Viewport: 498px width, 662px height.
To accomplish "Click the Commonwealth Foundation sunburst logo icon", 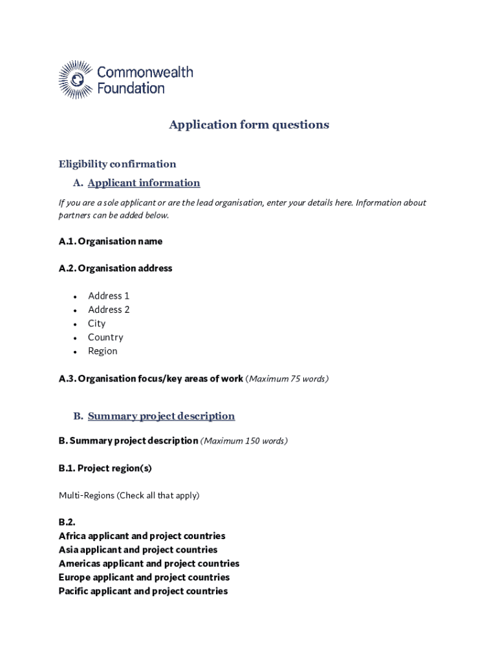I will click(x=76, y=80).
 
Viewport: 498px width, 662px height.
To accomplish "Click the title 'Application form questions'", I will click(x=249, y=125).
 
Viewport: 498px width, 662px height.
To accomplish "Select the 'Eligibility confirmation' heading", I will click(x=117, y=164).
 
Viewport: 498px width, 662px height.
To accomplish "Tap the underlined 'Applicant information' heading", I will click(x=144, y=183).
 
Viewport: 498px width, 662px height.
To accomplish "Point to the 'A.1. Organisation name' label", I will click(x=110, y=241).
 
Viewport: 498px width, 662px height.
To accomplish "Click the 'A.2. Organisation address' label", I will click(x=115, y=268).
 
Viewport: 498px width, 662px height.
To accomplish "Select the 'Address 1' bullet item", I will click(x=109, y=295).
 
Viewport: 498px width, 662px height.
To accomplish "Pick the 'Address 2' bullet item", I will click(x=109, y=310).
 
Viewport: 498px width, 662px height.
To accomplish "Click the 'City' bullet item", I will click(x=96, y=323).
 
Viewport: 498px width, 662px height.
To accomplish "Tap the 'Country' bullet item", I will click(x=105, y=337).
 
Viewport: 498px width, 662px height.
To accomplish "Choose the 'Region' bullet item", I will click(x=103, y=351).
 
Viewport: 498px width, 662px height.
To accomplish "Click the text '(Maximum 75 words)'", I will click(x=287, y=379).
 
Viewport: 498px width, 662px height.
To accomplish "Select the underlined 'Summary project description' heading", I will click(x=161, y=416).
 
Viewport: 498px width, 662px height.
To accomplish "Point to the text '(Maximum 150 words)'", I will click(x=244, y=441).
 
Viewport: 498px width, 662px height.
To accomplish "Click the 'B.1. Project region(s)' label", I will click(x=105, y=468).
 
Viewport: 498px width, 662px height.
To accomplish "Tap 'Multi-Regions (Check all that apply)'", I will click(x=129, y=495).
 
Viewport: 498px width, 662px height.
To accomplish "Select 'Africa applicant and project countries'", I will click(x=142, y=536).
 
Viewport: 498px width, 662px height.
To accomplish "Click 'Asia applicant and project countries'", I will click(x=138, y=550).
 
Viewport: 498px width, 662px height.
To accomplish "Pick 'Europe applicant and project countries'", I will click(x=144, y=577).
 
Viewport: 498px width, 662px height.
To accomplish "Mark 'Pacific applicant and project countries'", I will click(x=143, y=591).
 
